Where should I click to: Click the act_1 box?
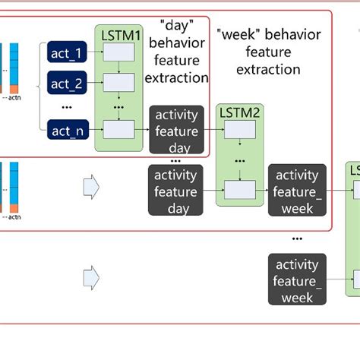pyautogui.click(x=68, y=52)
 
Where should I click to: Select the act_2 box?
pyautogui.click(x=68, y=82)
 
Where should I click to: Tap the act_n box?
pyautogui.click(x=68, y=131)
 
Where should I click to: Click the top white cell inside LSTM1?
pyautogui.click(x=118, y=52)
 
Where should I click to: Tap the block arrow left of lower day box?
pyautogui.click(x=90, y=185)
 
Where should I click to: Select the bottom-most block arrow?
pyautogui.click(x=90, y=276)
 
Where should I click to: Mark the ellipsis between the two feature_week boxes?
pyautogui.click(x=297, y=237)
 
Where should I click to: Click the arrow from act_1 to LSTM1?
pyautogui.click(x=97, y=52)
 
